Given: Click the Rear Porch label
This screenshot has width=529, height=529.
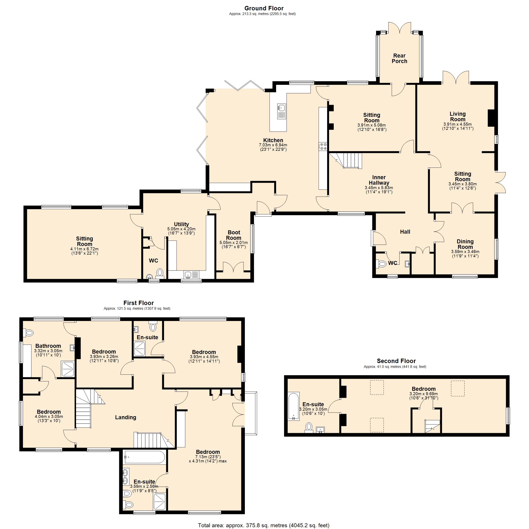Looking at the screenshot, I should [x=399, y=58].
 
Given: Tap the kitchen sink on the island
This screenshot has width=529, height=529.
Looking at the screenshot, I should [x=281, y=111].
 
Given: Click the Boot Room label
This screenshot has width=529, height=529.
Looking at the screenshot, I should [x=234, y=235].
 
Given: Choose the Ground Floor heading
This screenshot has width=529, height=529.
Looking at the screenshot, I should [x=264, y=8].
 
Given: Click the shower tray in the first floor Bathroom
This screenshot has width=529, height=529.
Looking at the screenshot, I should [x=67, y=369].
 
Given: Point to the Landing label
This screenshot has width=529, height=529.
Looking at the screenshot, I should [x=125, y=417].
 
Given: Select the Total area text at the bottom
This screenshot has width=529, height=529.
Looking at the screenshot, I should [x=263, y=525].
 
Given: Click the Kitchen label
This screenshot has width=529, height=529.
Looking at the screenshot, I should [x=273, y=140].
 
